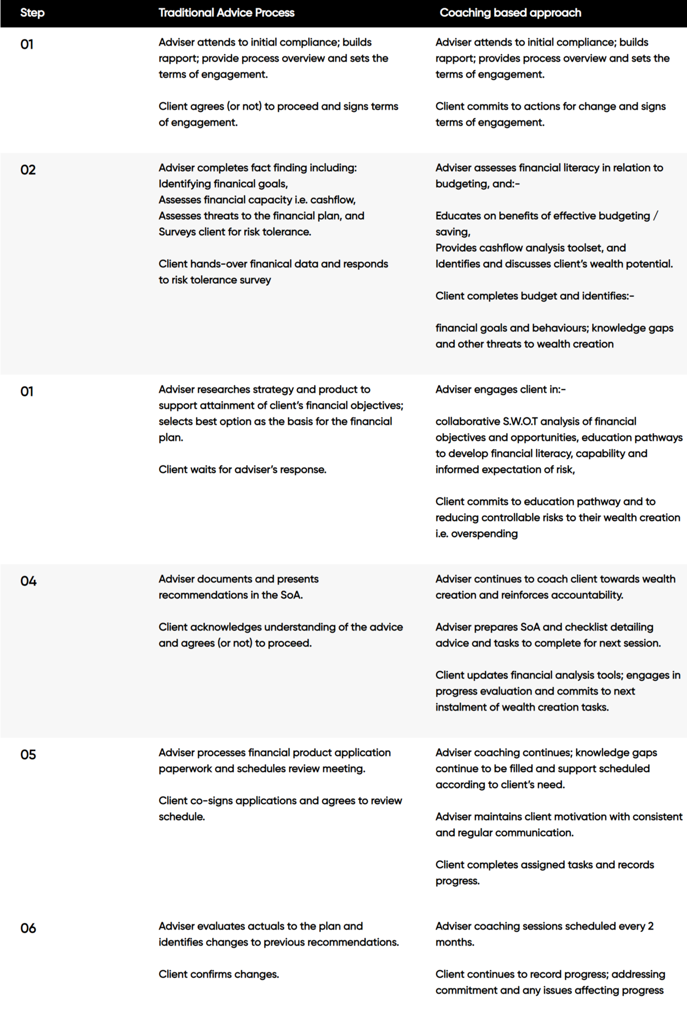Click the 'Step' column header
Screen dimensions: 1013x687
click(x=32, y=12)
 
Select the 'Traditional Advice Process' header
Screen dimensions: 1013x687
click(x=226, y=12)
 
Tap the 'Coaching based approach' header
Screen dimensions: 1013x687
click(x=510, y=12)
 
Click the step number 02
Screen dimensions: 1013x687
click(x=28, y=170)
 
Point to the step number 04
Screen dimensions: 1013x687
click(x=28, y=581)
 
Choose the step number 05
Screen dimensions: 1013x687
click(x=28, y=754)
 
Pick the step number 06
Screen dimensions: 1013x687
click(x=28, y=928)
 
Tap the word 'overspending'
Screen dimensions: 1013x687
click(x=484, y=533)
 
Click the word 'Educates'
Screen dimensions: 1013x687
click(x=455, y=215)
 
